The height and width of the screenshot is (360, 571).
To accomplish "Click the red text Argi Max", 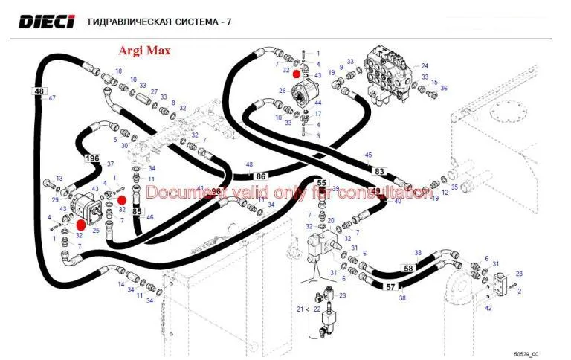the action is click(144, 51).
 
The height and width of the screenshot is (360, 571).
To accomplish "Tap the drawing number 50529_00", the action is click(527, 353).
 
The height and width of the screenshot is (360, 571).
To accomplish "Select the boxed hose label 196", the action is click(92, 158).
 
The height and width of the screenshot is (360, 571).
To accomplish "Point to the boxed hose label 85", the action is click(137, 211).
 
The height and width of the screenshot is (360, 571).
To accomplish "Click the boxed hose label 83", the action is click(379, 171).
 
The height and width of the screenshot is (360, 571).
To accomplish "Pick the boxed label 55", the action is click(322, 182).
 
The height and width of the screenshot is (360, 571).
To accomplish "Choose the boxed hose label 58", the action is click(408, 268).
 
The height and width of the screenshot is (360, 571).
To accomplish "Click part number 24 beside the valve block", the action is click(425, 66).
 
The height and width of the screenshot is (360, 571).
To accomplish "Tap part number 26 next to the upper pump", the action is click(283, 91).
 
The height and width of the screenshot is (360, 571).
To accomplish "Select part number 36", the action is click(444, 88).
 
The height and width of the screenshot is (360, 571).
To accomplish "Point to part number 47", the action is click(52, 98).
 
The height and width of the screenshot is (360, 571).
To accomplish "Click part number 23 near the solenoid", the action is click(343, 295).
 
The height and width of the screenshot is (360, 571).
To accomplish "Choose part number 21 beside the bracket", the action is click(300, 309).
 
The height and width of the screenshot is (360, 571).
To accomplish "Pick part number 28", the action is click(519, 274).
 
